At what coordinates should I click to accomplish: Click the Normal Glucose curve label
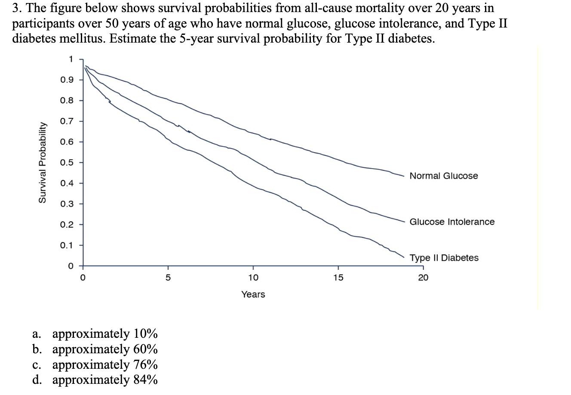click(x=443, y=176)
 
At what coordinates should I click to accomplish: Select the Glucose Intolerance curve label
click(x=451, y=222)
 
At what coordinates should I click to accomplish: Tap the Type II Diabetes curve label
click(x=444, y=258)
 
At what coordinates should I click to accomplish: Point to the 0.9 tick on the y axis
click(x=67, y=80)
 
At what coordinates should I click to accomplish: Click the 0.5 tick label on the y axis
click(x=67, y=163)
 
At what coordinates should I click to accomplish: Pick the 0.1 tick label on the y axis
click(x=67, y=245)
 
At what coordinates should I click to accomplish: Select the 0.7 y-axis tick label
click(x=67, y=121)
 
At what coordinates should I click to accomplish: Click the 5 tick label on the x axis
click(x=168, y=278)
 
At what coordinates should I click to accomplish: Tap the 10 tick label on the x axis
click(x=253, y=278)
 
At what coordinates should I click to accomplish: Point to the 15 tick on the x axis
click(x=338, y=278)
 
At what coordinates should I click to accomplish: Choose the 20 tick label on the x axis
click(x=423, y=278)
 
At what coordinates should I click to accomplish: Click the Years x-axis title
click(x=253, y=295)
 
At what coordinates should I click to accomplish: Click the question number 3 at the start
click(x=17, y=8)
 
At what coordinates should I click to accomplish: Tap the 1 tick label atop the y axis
click(x=71, y=59)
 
